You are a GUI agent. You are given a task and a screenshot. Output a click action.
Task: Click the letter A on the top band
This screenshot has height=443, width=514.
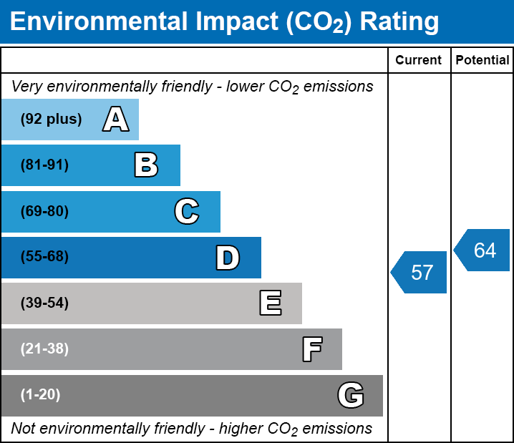pos(115,120)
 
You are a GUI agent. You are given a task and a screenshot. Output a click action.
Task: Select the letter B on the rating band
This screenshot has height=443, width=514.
pos(146,165)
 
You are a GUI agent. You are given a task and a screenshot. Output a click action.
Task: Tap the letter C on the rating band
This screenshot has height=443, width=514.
pos(186,211)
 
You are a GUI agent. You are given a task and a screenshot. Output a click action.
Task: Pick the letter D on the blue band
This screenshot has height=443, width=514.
pos(228,258)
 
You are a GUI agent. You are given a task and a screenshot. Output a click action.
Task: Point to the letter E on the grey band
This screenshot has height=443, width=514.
pos(270,303)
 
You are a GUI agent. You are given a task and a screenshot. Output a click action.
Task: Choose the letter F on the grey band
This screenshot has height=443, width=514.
pos(311,349)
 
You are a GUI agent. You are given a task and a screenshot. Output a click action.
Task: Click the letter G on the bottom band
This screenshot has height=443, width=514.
pos(351,395)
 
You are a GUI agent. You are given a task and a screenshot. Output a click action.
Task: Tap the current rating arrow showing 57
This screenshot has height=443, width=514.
pos(420,273)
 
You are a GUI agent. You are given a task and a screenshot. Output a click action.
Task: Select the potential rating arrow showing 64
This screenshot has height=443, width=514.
pos(483,250)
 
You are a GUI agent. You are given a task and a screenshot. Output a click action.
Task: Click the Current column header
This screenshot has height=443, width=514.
pos(419,61)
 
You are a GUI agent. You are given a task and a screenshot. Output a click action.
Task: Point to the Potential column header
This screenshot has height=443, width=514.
pos(483,61)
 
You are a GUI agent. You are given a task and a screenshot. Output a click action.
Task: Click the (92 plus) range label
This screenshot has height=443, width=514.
pos(51,120)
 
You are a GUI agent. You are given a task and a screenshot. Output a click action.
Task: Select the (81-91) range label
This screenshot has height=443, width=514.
pos(44,165)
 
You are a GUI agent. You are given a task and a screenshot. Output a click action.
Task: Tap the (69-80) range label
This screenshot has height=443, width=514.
pos(44,211)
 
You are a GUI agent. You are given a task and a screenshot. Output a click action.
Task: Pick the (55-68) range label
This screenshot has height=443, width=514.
pos(44,257)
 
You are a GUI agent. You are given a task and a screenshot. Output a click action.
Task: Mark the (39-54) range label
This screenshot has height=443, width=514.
pos(44,303)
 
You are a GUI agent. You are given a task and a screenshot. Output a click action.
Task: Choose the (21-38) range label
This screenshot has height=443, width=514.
pos(44,349)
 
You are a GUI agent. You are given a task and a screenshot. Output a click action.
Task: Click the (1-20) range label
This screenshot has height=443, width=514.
pos(41,395)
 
